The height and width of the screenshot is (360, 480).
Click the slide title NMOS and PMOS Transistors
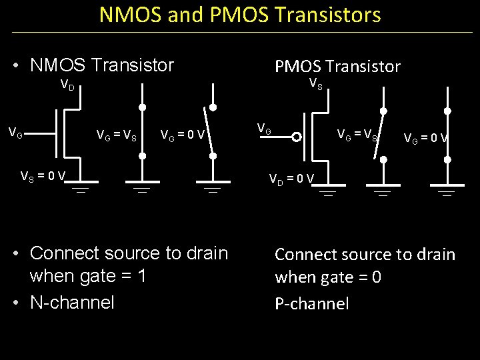pyautogui.click(x=240, y=15)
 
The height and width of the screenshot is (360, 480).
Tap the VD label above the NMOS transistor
pyautogui.click(x=67, y=85)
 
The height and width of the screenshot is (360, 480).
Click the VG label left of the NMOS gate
pyautogui.click(x=15, y=134)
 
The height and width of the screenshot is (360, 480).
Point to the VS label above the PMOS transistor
pyautogui.click(x=315, y=84)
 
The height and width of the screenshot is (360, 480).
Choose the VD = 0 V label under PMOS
pyautogui.click(x=291, y=178)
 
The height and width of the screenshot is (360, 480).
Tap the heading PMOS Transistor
pyautogui.click(x=337, y=66)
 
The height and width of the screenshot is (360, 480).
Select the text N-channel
pyautogui.click(x=72, y=302)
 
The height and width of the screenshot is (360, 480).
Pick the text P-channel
pyautogui.click(x=312, y=304)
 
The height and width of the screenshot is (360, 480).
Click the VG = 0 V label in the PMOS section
pyautogui.click(x=425, y=139)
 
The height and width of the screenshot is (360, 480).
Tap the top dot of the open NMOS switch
pyautogui.click(x=213, y=107)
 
